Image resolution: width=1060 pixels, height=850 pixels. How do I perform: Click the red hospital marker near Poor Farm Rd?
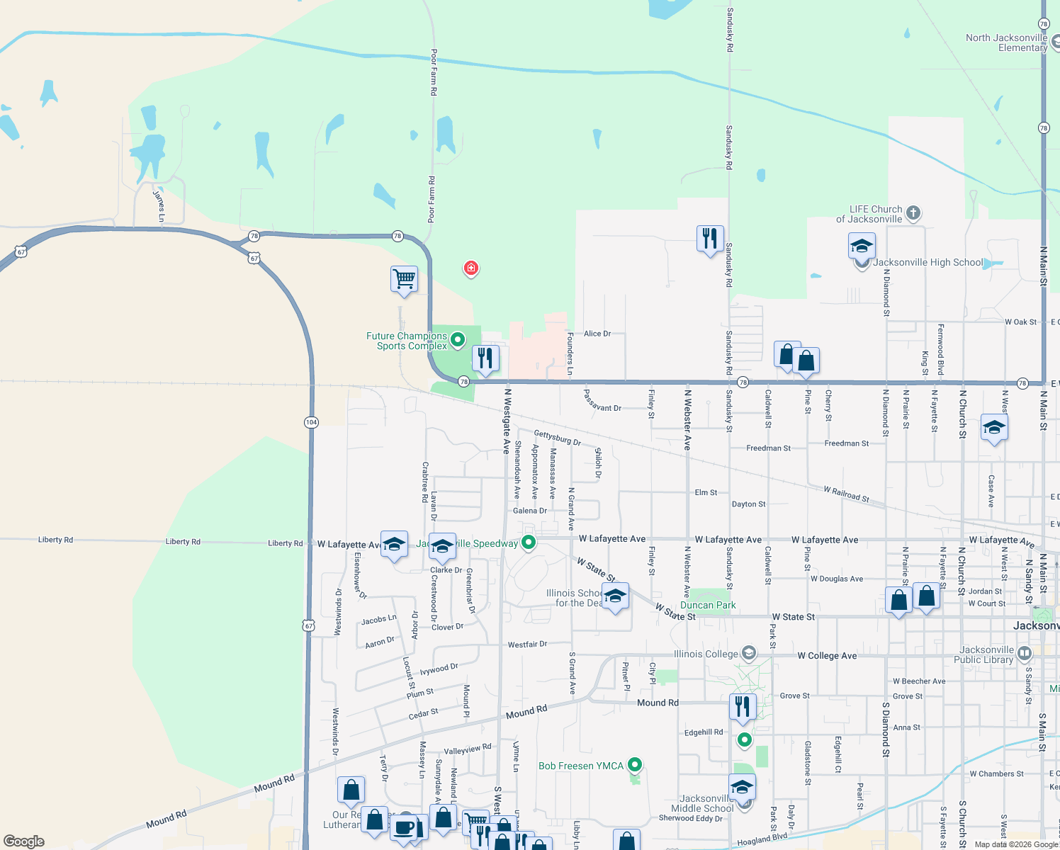pyautogui.click(x=471, y=268)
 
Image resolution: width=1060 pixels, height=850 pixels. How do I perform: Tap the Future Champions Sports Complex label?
pyautogui.click(x=407, y=341)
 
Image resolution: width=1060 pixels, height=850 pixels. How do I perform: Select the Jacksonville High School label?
pyautogui.click(x=928, y=263)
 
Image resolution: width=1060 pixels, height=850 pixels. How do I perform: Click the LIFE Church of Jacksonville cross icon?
pyautogui.click(x=913, y=212)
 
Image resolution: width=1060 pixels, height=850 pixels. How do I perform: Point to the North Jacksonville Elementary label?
pyautogui.click(x=1006, y=42)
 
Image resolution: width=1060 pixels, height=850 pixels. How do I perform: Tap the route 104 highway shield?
pyautogui.click(x=311, y=422)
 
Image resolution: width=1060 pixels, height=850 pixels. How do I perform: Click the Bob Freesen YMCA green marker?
pyautogui.click(x=635, y=764)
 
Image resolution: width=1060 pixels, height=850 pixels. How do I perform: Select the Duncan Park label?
pyautogui.click(x=708, y=605)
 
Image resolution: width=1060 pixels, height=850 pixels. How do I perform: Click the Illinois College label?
pyautogui.click(x=706, y=654)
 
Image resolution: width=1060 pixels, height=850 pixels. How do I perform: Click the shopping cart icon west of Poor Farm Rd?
pyautogui.click(x=404, y=278)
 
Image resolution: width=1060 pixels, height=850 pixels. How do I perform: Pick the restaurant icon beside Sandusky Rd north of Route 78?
pyautogui.click(x=709, y=239)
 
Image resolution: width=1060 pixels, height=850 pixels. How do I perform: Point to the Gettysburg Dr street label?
pyautogui.click(x=558, y=438)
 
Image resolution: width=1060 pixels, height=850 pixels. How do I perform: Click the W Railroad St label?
pyautogui.click(x=846, y=494)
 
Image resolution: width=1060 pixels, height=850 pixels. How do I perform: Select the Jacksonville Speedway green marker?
pyautogui.click(x=528, y=543)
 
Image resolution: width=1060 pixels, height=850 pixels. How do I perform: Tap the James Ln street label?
pyautogui.click(x=159, y=205)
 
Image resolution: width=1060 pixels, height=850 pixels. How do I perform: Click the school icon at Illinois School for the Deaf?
pyautogui.click(x=615, y=596)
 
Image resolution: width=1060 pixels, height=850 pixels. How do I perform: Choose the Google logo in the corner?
pyautogui.click(x=24, y=841)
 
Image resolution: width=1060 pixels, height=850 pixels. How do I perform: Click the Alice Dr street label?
pyautogui.click(x=597, y=334)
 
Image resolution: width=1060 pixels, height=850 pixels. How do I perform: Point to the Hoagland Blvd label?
pyautogui.click(x=762, y=840)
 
